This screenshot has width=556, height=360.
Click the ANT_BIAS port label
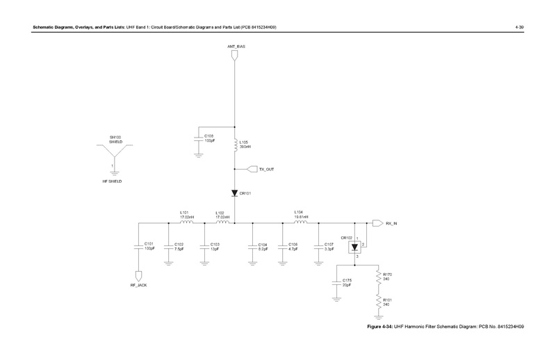pyautogui.click(x=236, y=46)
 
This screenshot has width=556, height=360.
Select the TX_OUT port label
pyautogui.click(x=267, y=169)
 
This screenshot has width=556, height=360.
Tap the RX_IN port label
pyautogui.click(x=393, y=223)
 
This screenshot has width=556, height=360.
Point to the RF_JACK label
pyautogui.click(x=138, y=286)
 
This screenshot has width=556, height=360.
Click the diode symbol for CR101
pyautogui.click(x=235, y=193)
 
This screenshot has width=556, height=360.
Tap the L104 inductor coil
pyautogui.click(x=299, y=222)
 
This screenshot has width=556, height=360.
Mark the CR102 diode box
pyautogui.click(x=355, y=246)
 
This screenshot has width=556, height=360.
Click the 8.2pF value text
pyautogui.click(x=263, y=248)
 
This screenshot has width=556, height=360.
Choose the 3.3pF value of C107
pyautogui.click(x=329, y=248)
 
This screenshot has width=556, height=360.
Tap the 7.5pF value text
pyautogui.click(x=179, y=248)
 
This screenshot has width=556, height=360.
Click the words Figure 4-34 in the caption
pyautogui.click(x=379, y=327)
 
